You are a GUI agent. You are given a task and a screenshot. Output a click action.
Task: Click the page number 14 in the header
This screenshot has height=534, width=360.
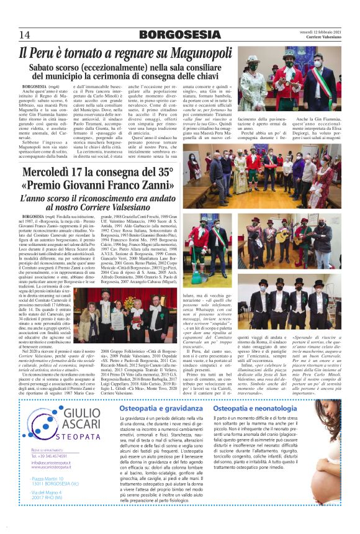click(24, 34)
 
